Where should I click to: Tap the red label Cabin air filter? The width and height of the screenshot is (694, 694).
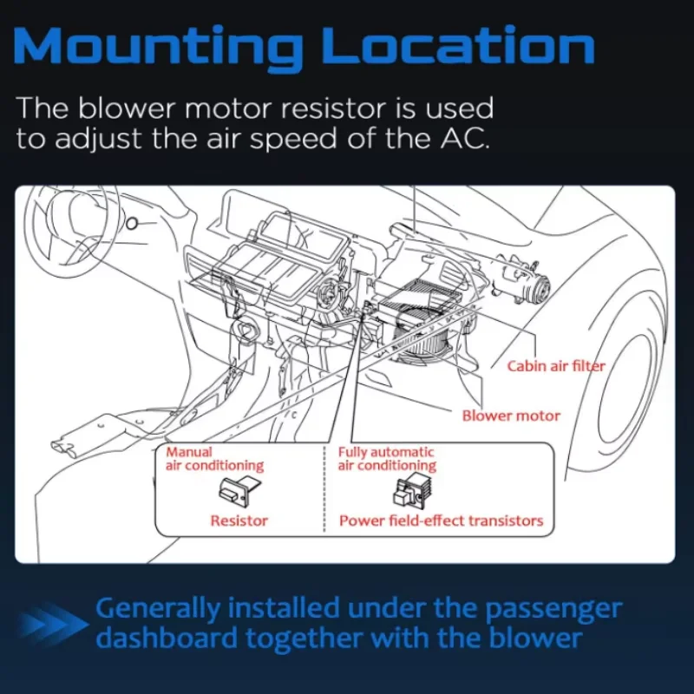pos(556,366)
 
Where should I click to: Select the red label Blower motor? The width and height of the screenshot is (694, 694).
pos(511,416)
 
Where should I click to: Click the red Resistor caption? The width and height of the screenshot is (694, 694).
pos(239,520)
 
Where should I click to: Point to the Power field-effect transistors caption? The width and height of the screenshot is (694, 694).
pos(441,520)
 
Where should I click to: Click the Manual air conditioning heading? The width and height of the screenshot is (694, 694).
pos(214,459)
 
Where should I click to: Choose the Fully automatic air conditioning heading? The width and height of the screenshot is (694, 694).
pos(387,459)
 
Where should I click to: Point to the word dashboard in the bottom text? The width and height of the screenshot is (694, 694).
pos(165,639)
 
